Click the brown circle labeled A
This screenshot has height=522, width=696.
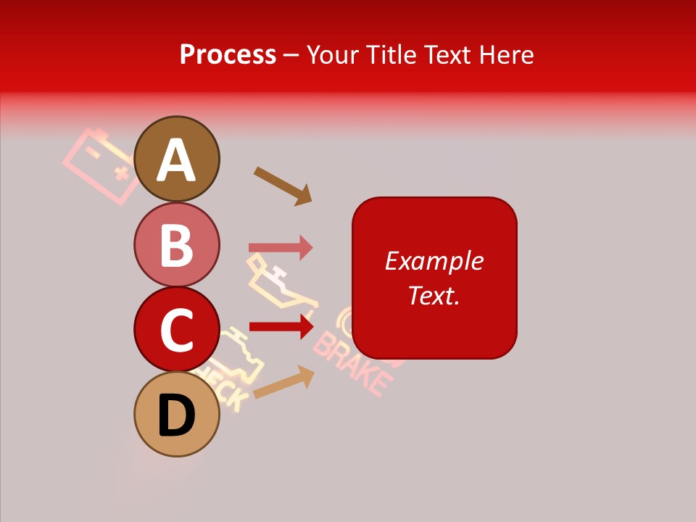177,159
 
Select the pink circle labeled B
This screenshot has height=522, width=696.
177,244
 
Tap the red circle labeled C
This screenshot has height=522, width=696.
177,329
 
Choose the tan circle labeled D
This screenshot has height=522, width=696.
177,414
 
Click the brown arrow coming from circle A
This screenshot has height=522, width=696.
283,186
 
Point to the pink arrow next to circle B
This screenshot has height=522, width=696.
281,247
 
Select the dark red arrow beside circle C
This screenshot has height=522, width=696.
281,326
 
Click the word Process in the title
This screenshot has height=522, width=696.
228,54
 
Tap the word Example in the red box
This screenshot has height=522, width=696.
434,261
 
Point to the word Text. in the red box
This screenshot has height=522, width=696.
434,295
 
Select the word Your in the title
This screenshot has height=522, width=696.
333,54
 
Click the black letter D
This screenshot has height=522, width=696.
177,417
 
